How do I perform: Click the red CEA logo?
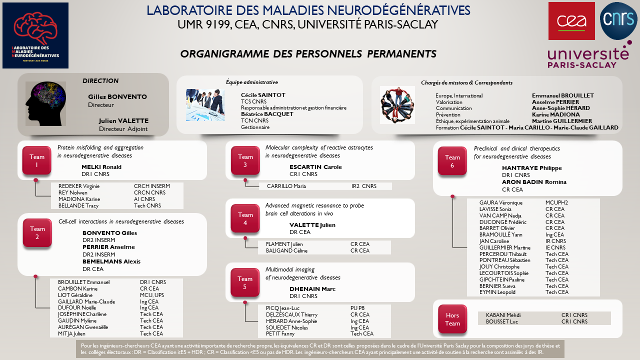tap(571, 21)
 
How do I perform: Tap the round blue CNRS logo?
tap(618, 20)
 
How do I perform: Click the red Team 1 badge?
tap(37, 160)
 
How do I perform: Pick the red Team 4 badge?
tap(245, 218)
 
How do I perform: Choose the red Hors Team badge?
tap(452, 319)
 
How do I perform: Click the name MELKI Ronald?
tap(101, 167)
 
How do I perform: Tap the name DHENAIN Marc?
tap(312, 289)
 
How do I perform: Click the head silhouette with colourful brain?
tap(45, 104)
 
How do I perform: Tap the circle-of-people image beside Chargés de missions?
tap(397, 105)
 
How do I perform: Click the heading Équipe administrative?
tap(252, 82)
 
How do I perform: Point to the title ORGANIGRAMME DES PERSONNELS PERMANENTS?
tap(308, 53)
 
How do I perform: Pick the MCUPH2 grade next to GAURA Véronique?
tap(556, 202)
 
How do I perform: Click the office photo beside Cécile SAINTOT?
tap(205, 105)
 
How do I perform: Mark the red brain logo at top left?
tap(35, 35)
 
